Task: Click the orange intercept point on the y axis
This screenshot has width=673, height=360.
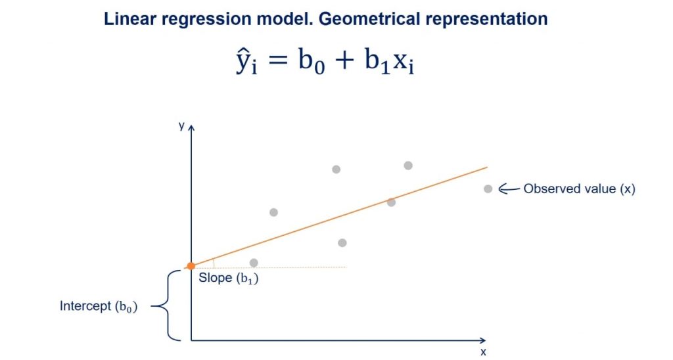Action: [191, 266]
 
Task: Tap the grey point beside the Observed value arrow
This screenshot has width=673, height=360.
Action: [488, 189]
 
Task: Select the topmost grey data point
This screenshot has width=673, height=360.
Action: [408, 166]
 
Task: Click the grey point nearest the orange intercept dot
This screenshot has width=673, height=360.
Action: [254, 263]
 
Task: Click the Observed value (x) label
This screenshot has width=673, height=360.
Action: [579, 189]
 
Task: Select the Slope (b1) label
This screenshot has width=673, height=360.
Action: [225, 278]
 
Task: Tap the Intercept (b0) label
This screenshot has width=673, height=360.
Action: [99, 306]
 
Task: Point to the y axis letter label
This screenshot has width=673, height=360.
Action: [181, 124]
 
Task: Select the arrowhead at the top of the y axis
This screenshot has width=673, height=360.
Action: [191, 127]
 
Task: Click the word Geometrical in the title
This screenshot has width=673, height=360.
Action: [361, 19]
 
